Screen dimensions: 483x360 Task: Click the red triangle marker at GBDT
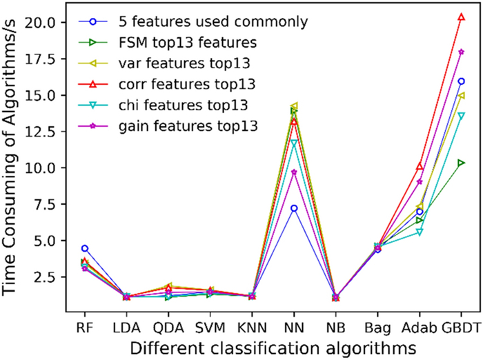pos(461,17)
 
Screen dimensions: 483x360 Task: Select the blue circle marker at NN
pos(294,208)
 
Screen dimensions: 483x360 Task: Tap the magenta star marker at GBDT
pos(461,52)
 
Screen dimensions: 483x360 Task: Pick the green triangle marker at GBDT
pos(461,163)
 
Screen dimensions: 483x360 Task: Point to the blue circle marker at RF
pos(85,248)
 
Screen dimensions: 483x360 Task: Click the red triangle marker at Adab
pos(420,167)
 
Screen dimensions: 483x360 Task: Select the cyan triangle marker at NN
pos(294,143)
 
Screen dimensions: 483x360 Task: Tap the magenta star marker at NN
pos(294,172)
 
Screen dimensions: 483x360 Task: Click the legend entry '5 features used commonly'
pos(193,21)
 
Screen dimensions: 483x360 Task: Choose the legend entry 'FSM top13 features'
pos(168,43)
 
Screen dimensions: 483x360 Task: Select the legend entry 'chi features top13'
pos(164,106)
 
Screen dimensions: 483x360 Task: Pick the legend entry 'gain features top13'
pos(168,126)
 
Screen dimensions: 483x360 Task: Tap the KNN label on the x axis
pos(252,328)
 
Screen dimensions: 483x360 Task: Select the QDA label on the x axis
pos(168,328)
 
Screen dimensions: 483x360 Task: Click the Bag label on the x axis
pos(377,328)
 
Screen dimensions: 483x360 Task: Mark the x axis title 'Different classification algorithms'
pos(273,348)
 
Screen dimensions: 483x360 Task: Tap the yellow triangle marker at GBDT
pos(461,95)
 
